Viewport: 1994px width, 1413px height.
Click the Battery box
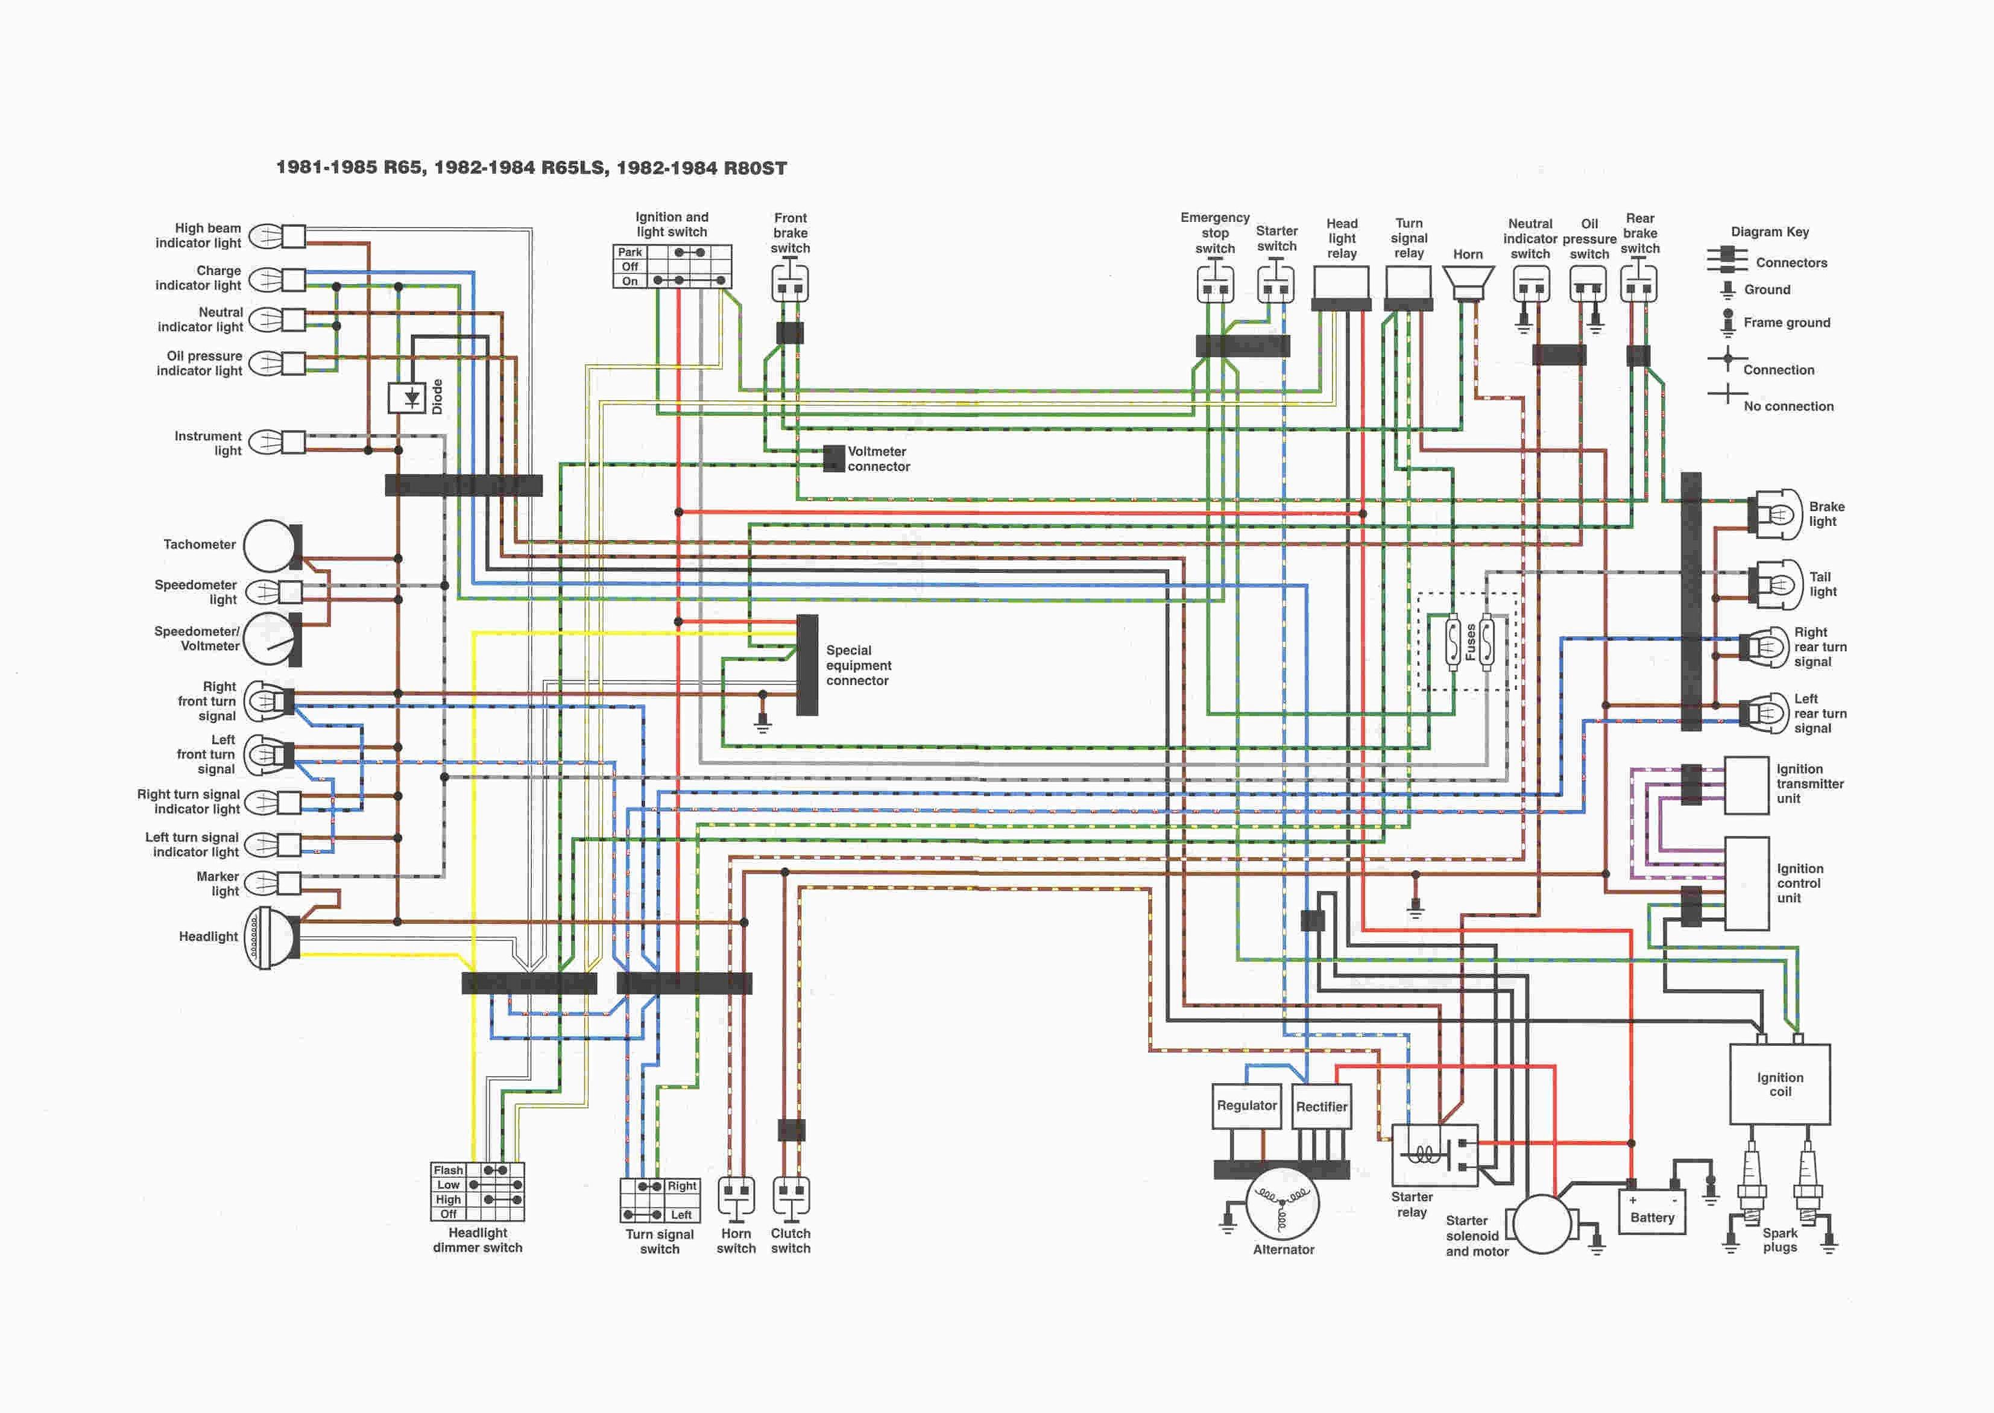point(1652,1212)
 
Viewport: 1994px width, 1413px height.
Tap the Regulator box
point(1247,1106)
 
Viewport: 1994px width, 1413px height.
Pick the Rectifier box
point(1322,1107)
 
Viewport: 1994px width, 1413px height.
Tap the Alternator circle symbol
point(1283,1205)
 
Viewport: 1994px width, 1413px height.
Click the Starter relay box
point(1434,1155)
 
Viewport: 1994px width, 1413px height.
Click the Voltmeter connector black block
point(833,458)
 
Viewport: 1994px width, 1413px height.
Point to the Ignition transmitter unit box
point(1746,785)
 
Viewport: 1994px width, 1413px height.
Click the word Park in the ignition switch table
point(630,252)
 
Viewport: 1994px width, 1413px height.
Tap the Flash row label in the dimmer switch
point(448,1170)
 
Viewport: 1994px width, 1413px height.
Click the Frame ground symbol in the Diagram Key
point(1727,322)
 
